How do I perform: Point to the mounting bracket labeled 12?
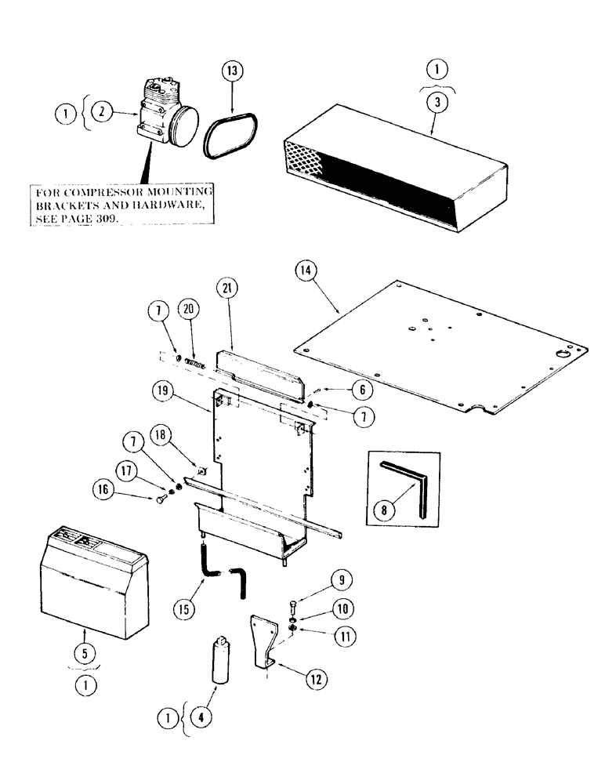point(263,643)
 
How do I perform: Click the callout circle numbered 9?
point(341,581)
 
